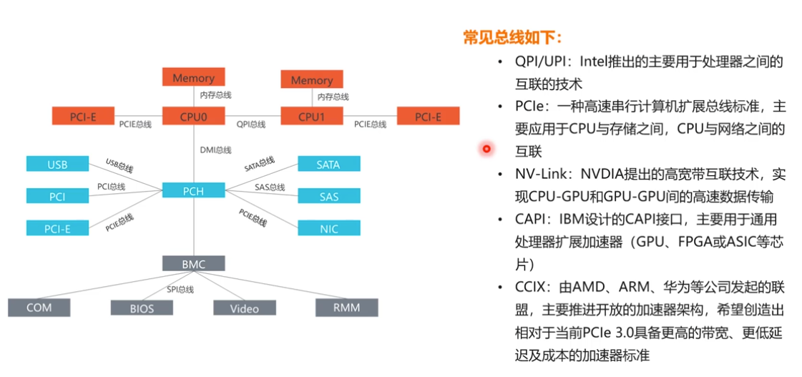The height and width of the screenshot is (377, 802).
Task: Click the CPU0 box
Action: pos(193,116)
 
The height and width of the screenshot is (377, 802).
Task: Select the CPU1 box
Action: pos(311,116)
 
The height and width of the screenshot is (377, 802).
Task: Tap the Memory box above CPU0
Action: pos(193,77)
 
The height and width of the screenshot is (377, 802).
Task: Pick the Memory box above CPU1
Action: pos(311,79)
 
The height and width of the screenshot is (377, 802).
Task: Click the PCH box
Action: pos(193,190)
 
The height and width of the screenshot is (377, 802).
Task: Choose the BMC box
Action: pos(193,263)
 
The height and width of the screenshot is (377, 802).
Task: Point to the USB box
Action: pos(57,165)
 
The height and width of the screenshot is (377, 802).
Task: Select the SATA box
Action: pos(329,165)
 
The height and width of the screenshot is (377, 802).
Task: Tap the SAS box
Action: pos(329,196)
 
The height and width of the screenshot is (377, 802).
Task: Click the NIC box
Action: pos(329,228)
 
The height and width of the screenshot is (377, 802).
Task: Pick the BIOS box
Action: pos(142,308)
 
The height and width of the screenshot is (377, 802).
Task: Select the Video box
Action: pos(245,308)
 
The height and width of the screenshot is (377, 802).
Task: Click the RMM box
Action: pos(347,307)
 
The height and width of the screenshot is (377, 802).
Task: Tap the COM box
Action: pos(39,308)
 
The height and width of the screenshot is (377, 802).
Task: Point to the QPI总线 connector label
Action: pos(251,124)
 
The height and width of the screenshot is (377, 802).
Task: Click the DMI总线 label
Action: pos(216,150)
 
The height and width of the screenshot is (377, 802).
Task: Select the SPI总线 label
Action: pos(180,290)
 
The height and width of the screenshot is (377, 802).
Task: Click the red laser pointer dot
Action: pos(486,149)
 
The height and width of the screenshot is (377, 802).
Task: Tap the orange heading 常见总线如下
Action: pos(513,37)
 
